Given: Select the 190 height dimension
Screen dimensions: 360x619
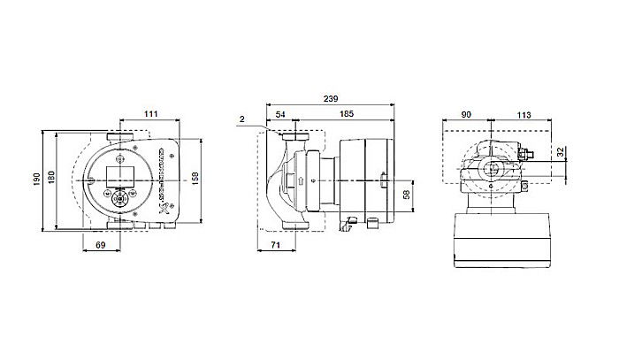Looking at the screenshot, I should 37,180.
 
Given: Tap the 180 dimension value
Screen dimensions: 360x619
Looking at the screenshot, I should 50,180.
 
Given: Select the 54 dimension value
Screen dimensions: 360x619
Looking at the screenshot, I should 280,115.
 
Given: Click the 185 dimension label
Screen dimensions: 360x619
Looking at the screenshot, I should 344,115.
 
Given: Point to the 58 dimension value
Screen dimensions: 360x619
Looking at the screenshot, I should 406,194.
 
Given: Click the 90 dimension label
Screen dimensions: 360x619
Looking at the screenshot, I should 465,115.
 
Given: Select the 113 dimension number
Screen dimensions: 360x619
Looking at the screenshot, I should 523,115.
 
